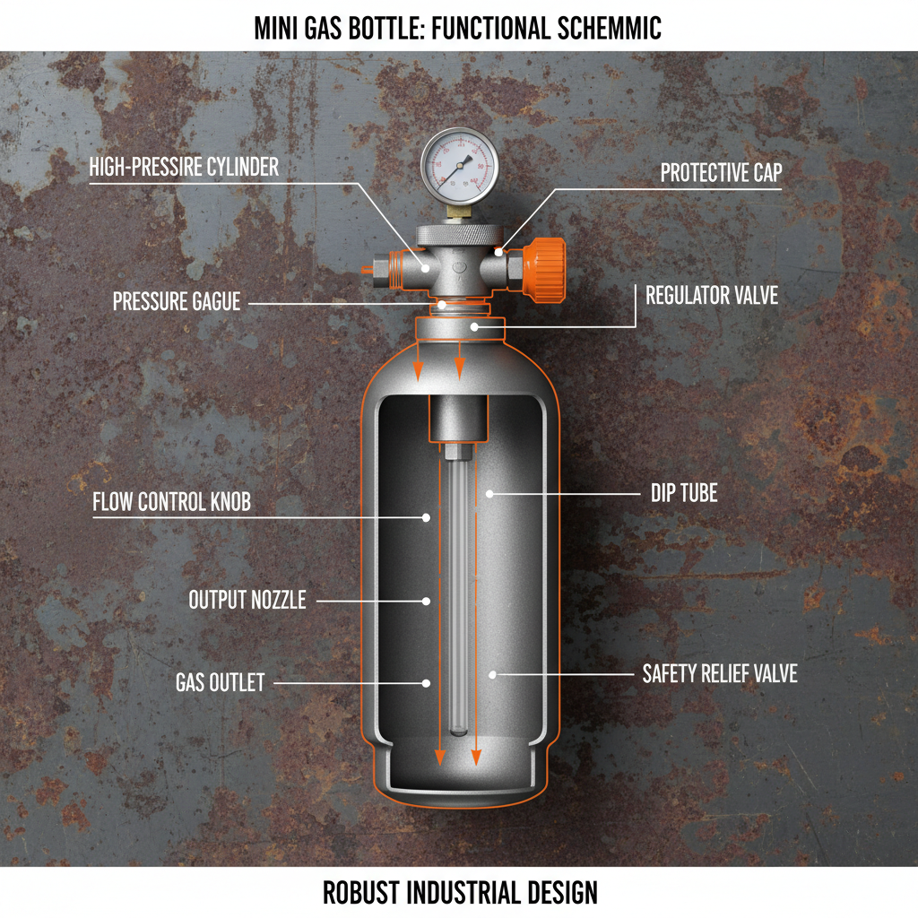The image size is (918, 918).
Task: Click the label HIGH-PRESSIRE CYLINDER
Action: tap(184, 167)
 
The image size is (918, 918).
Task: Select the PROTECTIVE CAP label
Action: tap(721, 173)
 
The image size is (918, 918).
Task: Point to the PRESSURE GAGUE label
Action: tap(177, 302)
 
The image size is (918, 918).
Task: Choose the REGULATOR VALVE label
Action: tap(712, 295)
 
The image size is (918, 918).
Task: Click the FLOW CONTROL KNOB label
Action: tap(171, 502)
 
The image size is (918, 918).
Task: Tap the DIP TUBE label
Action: tap(684, 493)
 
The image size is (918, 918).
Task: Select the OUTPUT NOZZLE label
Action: tap(247, 600)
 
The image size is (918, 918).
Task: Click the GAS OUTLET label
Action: tap(220, 683)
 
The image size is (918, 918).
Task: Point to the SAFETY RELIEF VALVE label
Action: tap(720, 673)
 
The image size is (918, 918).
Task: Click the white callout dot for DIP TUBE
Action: tap(489, 493)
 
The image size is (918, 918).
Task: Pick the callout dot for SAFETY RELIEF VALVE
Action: tap(490, 673)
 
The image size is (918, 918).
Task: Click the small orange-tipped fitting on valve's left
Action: tap(367, 267)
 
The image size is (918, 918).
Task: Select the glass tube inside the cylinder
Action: tap(458, 592)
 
